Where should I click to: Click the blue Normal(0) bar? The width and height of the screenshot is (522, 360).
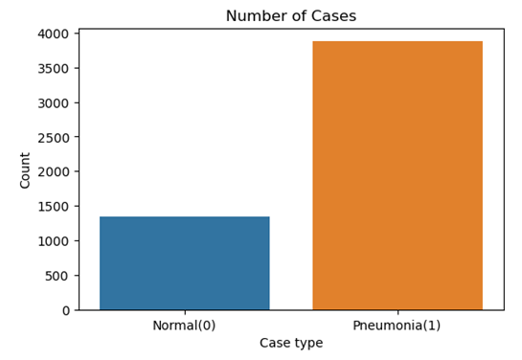[184, 263]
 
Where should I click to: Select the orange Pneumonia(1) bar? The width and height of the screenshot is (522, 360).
[397, 175]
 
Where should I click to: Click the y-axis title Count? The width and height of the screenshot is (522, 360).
[26, 169]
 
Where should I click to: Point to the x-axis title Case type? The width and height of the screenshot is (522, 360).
[291, 343]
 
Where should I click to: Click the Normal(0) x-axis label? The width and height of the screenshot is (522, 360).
[184, 325]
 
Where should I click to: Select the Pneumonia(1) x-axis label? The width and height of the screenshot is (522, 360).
[397, 325]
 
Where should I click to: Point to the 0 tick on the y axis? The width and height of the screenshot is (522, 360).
[65, 310]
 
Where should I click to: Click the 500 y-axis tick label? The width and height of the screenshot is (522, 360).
[57, 276]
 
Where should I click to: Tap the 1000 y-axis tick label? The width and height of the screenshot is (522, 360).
[54, 241]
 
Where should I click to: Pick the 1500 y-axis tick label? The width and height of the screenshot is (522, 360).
[54, 207]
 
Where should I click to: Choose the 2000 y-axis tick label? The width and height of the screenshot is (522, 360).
[54, 172]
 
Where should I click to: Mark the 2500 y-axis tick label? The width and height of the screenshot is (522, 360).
[54, 138]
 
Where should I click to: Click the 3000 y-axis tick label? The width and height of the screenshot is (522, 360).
[54, 103]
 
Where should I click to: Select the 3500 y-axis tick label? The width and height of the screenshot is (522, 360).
[54, 69]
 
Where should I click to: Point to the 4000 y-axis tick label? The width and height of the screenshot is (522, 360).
[54, 34]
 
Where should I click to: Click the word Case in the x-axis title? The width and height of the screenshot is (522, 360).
[276, 343]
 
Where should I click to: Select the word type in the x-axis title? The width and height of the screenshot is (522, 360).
[308, 344]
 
